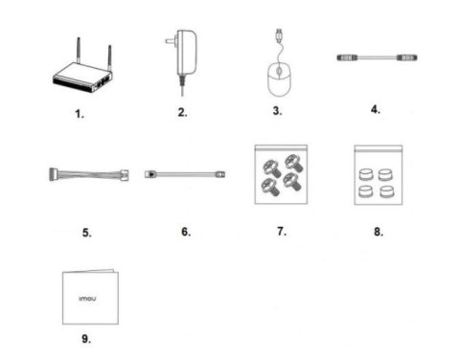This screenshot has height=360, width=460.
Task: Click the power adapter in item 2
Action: click(x=186, y=51)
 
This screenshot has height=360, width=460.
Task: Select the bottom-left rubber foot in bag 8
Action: click(x=365, y=191)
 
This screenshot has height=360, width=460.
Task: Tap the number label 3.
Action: click(x=277, y=112)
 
